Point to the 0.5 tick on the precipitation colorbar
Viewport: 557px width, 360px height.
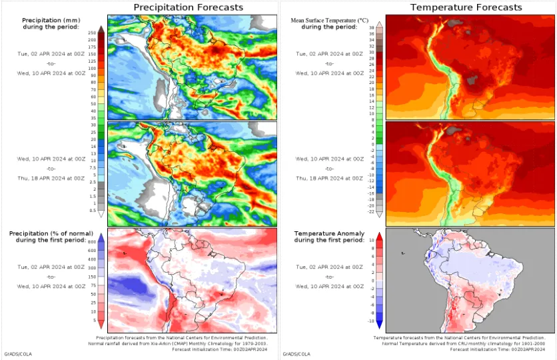click(92, 211)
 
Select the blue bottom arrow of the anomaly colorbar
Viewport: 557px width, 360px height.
click(379, 325)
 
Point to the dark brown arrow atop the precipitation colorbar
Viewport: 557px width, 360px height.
click(101, 29)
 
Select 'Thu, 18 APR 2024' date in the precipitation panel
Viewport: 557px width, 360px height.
click(52, 178)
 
